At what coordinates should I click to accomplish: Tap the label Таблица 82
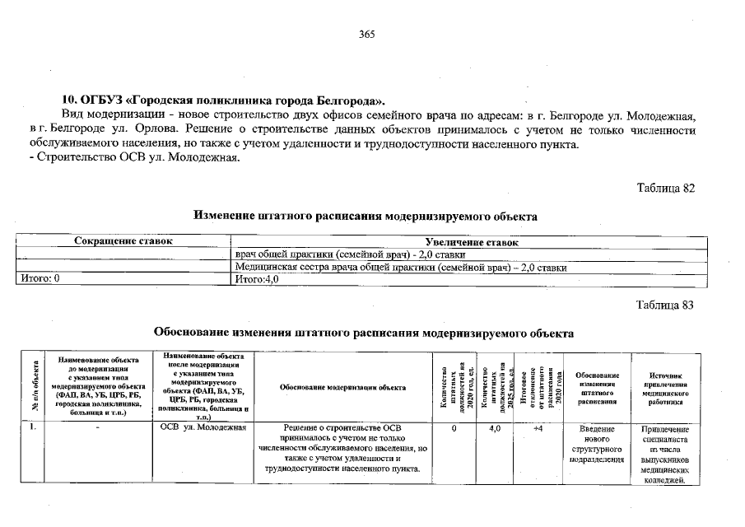[x=666, y=188]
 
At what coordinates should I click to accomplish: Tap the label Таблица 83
[x=666, y=305]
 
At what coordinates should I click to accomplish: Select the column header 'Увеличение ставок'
[x=465, y=243]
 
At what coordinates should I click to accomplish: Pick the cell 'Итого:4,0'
[x=258, y=279]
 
